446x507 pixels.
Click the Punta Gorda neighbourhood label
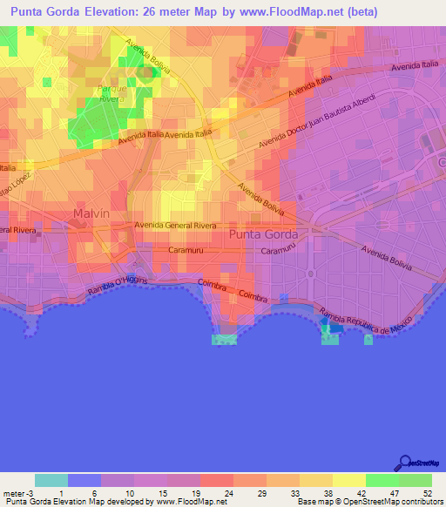point(263,234)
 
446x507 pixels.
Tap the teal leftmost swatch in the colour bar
point(51,480)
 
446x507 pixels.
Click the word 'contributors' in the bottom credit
point(421,502)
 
